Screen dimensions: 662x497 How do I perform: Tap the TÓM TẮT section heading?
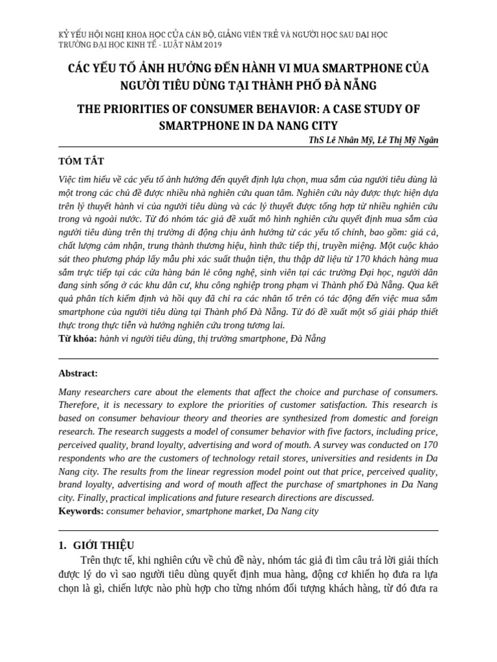(x=81, y=160)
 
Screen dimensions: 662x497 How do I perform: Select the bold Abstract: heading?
(x=78, y=374)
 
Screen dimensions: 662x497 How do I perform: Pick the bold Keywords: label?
(x=81, y=511)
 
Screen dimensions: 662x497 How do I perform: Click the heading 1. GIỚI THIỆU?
(x=96, y=546)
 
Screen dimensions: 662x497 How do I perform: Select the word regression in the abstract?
(x=226, y=471)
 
